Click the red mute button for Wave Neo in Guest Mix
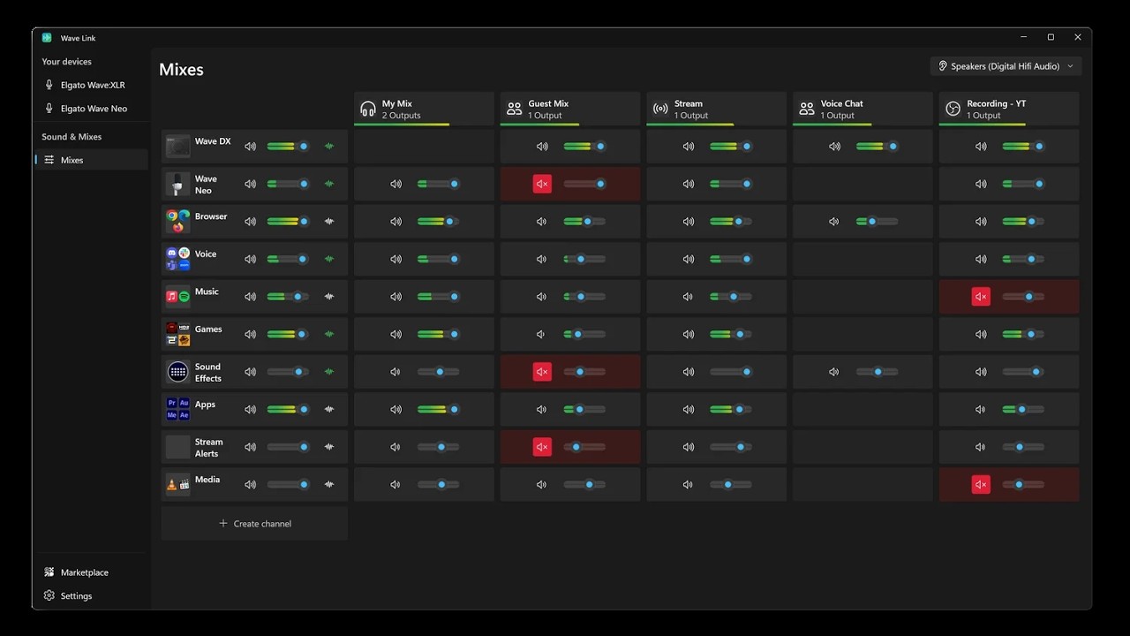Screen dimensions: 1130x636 (x=542, y=184)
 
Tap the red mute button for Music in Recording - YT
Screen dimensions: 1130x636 (x=981, y=297)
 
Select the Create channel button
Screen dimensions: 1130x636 (x=255, y=524)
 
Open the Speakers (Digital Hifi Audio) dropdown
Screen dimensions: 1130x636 (x=1006, y=66)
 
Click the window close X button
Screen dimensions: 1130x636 (x=1078, y=37)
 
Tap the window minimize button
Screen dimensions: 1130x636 (x=1023, y=37)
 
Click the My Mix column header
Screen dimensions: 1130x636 (x=424, y=109)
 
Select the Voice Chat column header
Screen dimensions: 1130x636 (x=863, y=109)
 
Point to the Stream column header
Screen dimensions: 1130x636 (x=716, y=109)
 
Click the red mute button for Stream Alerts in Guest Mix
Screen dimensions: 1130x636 (x=542, y=447)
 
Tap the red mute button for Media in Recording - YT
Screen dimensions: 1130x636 (x=981, y=485)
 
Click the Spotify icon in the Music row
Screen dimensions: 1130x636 (x=185, y=297)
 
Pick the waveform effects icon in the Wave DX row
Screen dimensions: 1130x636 (x=329, y=147)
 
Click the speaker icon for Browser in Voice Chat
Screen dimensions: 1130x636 (x=834, y=222)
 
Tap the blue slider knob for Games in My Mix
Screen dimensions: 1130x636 (x=454, y=334)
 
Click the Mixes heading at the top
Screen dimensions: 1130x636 (x=181, y=69)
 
